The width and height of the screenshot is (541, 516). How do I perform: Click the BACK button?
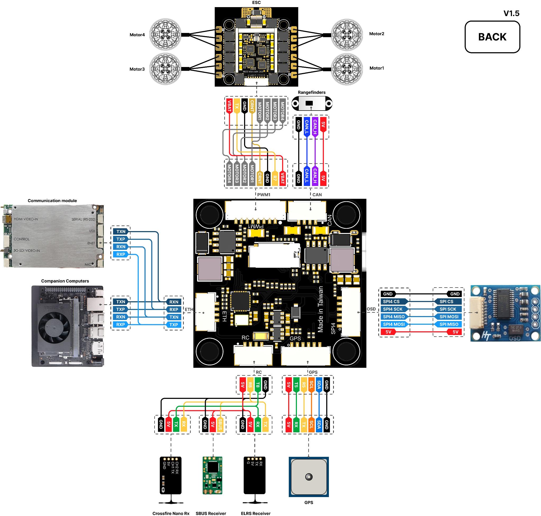pos(492,37)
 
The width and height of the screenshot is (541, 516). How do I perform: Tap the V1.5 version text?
pos(511,13)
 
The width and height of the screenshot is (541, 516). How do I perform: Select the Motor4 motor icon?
pos(165,35)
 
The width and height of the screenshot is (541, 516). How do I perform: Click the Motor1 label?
pos(376,68)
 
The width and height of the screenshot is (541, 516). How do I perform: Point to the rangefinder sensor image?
pos(311,103)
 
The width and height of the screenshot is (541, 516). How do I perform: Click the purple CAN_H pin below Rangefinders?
pos(315,127)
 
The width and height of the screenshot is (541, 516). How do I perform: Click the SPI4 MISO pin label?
pos(394,317)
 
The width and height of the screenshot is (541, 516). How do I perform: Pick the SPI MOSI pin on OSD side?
pos(449,317)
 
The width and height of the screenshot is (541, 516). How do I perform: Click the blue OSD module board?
pos(505,313)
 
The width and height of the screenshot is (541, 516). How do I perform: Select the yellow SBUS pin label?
pos(220,424)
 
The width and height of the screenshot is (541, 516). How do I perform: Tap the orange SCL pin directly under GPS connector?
pos(311,385)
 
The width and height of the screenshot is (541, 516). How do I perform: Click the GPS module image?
pos(309,476)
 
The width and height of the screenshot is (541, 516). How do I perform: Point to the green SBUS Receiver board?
pos(212,475)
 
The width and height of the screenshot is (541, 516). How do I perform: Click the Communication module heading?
pos(52,200)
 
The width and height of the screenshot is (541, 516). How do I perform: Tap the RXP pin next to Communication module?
pos(121,254)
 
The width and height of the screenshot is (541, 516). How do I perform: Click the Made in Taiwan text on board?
pos(320,309)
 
